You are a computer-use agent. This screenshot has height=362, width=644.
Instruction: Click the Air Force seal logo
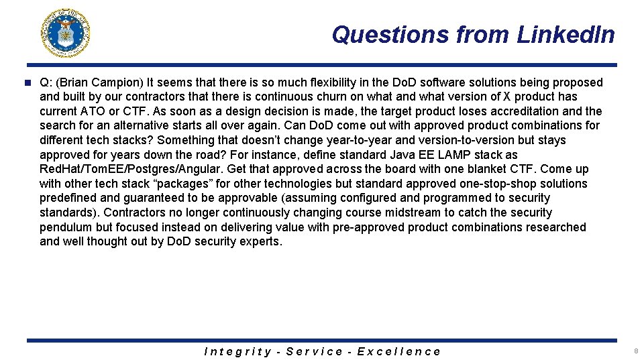point(66,33)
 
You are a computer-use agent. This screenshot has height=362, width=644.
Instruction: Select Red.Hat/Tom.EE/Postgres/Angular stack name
point(132,169)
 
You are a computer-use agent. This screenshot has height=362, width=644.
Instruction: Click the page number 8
point(635,351)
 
